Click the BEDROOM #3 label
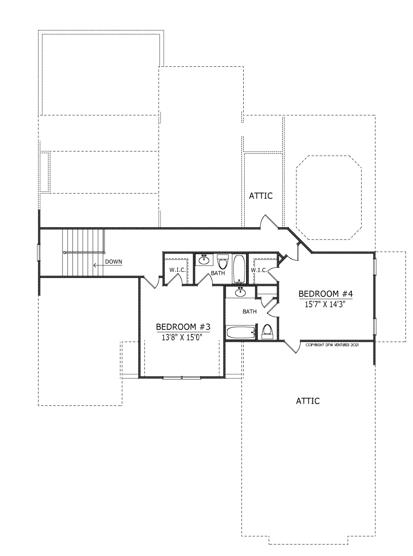pos(183,326)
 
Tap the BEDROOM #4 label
pos(326,294)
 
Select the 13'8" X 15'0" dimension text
pos(183,337)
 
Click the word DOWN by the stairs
pos(113,262)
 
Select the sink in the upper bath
pos(204,260)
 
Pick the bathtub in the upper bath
pos(239,269)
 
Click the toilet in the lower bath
pos(267,331)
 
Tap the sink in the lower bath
pos(241,292)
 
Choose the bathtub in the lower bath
pos(241,333)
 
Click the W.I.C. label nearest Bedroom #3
pos(177,270)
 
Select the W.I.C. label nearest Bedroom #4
pos(259,270)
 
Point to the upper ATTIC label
pos(261,196)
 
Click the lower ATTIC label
pos(308,401)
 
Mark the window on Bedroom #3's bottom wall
pos(182,377)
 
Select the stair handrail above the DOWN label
pos(84,253)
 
